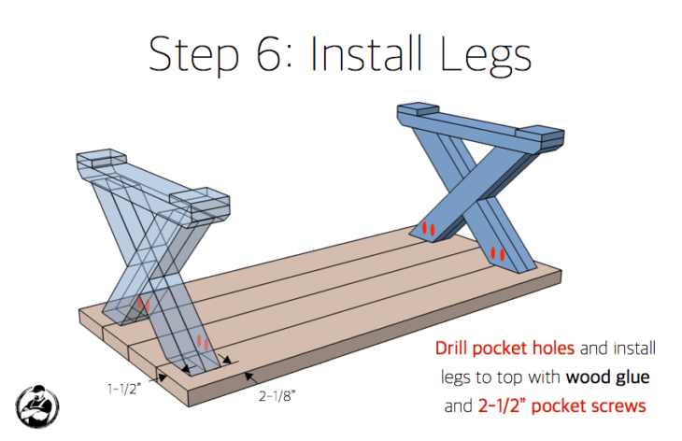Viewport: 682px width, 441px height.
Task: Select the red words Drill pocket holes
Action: click(505, 349)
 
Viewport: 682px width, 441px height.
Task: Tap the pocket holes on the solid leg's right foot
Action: click(496, 252)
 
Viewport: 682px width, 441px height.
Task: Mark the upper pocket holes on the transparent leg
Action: click(142, 304)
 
